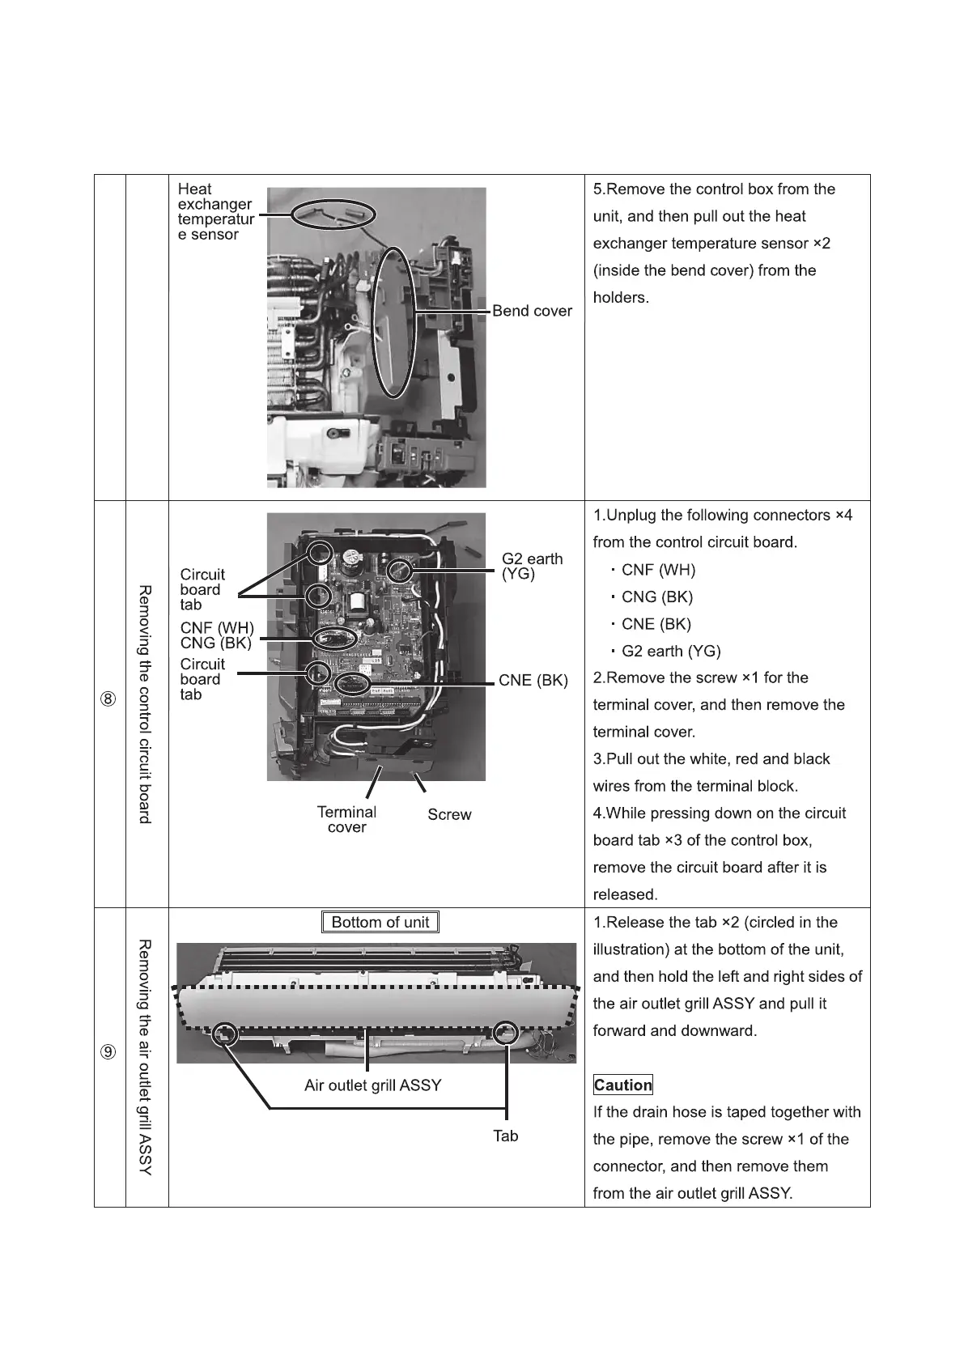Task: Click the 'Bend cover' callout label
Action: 532,311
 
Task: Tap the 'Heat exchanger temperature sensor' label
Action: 215,212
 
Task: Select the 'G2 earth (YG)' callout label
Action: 532,567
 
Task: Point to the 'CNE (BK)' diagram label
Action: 533,681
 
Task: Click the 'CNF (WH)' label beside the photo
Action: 217,628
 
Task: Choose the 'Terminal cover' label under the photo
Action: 346,819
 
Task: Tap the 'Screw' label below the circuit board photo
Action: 449,815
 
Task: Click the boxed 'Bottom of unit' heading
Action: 380,923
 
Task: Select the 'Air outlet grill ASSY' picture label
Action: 372,1085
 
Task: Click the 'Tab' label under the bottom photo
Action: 506,1136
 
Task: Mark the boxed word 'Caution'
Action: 622,1085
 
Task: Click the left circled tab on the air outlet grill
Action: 224,1034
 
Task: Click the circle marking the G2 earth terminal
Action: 401,571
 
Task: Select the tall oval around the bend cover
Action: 396,321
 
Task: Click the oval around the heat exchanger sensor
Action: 333,214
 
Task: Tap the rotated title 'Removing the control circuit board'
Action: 145,704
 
